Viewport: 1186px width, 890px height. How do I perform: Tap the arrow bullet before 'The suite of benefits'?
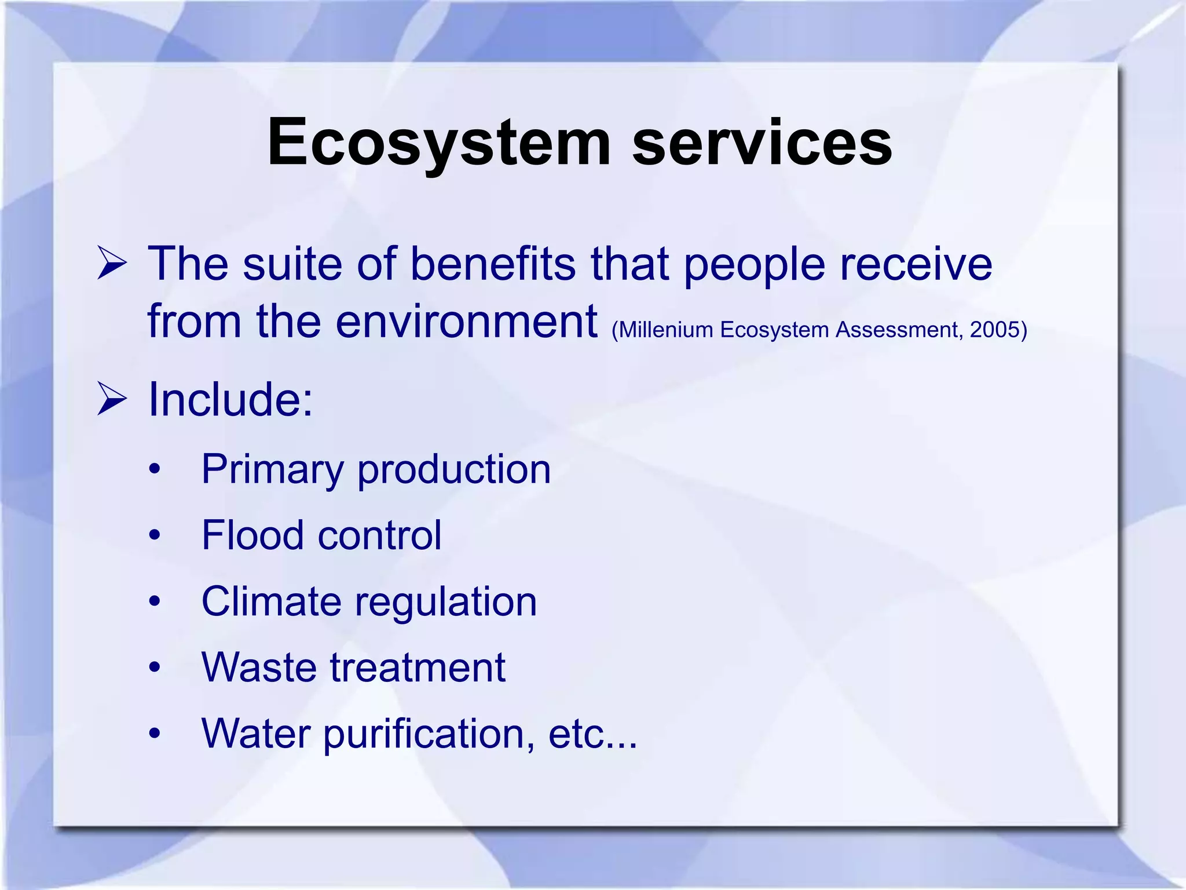[112, 263]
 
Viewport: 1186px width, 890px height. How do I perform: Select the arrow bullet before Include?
[112, 399]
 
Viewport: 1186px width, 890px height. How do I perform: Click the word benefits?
[493, 264]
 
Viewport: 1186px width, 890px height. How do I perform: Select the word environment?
[466, 322]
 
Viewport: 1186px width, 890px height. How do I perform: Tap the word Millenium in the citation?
[666, 330]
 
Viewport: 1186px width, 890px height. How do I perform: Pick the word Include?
[230, 400]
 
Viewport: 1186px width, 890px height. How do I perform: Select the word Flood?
[252, 535]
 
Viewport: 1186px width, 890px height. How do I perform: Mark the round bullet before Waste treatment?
[154, 667]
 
